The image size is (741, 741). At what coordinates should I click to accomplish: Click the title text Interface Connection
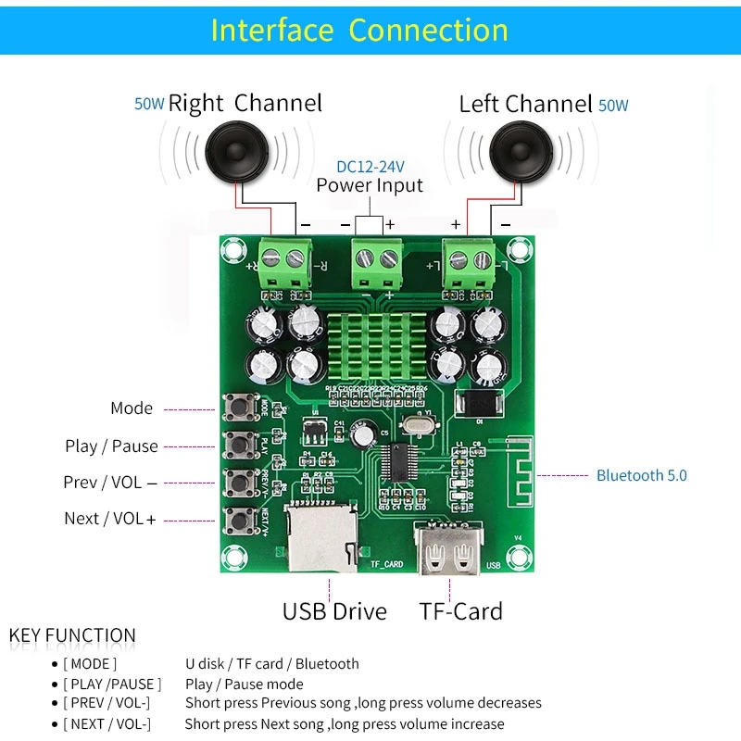(x=359, y=30)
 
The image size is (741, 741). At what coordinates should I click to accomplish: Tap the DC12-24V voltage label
(x=370, y=167)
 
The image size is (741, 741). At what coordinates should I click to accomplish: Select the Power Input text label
(x=370, y=185)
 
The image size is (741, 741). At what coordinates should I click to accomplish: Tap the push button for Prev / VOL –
(x=241, y=482)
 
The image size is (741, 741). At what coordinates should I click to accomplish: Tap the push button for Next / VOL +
(x=241, y=518)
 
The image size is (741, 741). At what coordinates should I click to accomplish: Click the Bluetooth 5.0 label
(x=641, y=475)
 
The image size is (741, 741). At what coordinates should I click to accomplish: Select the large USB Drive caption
(x=334, y=611)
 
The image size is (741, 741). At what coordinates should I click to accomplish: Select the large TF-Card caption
(x=460, y=611)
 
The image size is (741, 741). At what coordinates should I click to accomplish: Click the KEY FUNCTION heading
(x=72, y=636)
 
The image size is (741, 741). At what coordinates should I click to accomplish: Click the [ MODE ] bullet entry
(x=90, y=664)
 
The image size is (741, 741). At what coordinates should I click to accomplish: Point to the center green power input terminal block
(x=377, y=265)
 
